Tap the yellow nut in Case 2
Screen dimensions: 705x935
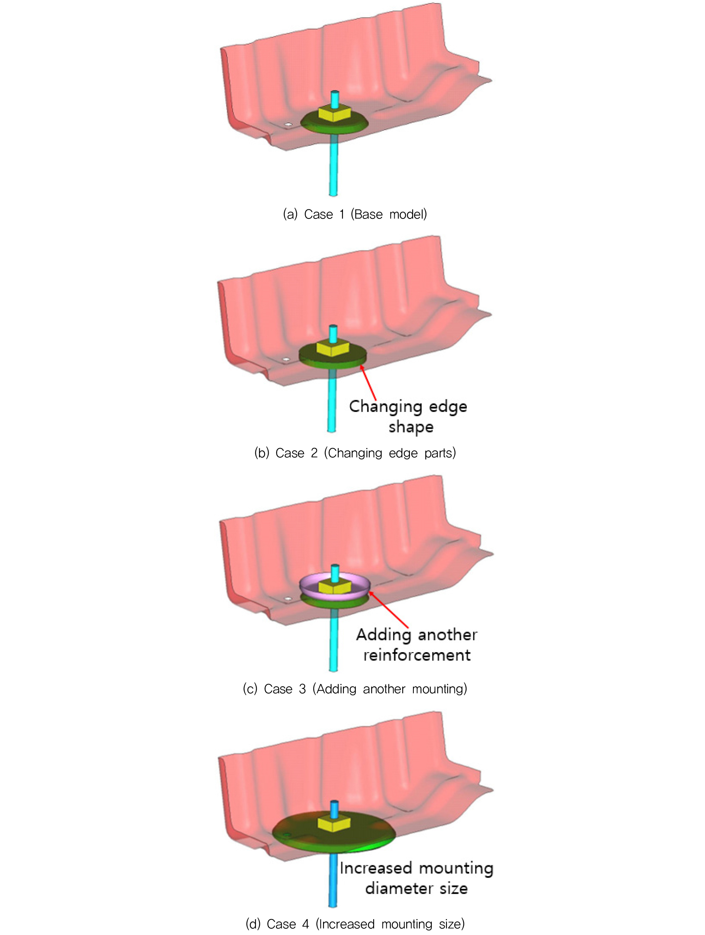(333, 348)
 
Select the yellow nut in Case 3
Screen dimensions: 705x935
(335, 587)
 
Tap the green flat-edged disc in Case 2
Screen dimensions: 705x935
(333, 359)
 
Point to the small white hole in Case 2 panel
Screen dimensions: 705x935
(286, 359)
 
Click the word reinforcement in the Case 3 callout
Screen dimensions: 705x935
(417, 655)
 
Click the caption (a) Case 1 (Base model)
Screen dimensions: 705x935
(355, 214)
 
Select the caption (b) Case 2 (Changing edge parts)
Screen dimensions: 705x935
(355, 453)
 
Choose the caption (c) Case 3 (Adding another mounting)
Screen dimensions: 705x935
(355, 689)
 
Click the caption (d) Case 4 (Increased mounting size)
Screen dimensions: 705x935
(355, 923)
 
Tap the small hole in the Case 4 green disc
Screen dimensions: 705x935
(287, 835)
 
